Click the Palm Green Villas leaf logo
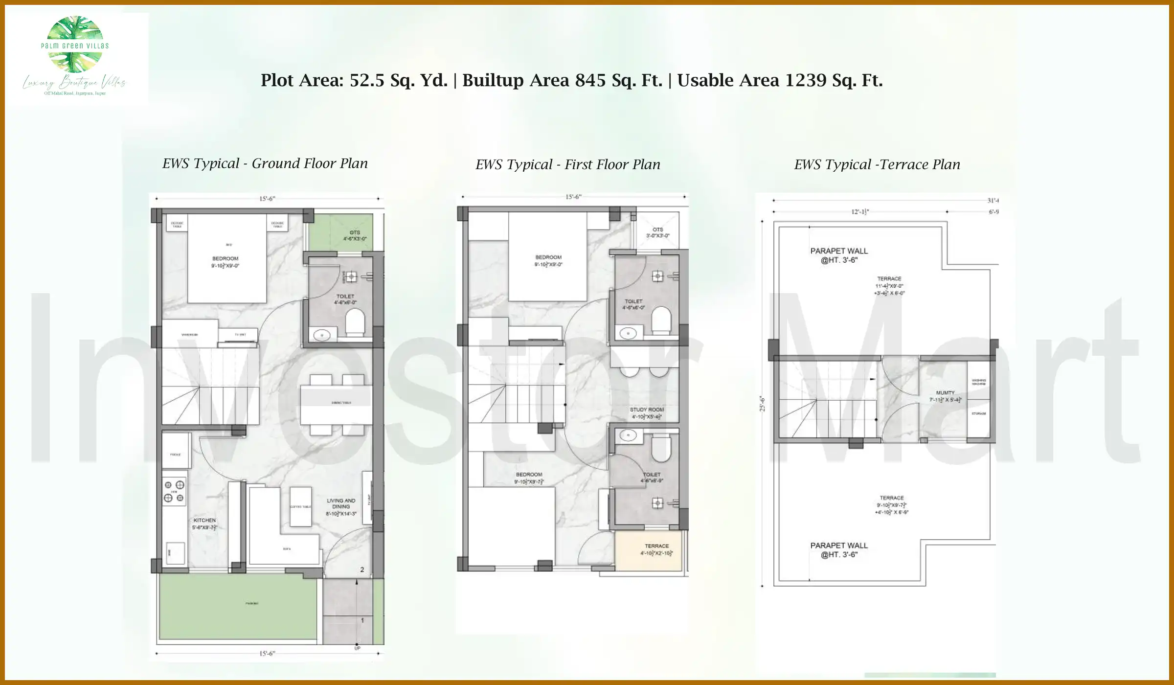pyautogui.click(x=75, y=44)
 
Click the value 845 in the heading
pyautogui.click(x=590, y=80)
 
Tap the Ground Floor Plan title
pyautogui.click(x=265, y=163)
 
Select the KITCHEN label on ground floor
pyautogui.click(x=204, y=520)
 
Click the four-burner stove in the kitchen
pyautogui.click(x=174, y=491)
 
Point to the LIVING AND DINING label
pyautogui.click(x=341, y=503)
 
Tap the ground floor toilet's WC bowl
pyautogui.click(x=355, y=323)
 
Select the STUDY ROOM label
pyautogui.click(x=647, y=410)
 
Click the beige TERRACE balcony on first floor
pyautogui.click(x=648, y=551)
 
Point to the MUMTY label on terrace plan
pyautogui.click(x=945, y=393)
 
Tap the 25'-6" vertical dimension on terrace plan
pyautogui.click(x=762, y=404)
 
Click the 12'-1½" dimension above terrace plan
pyautogui.click(x=860, y=212)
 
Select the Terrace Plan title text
pyautogui.click(x=877, y=164)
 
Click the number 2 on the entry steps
pyautogui.click(x=362, y=570)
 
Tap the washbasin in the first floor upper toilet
pyautogui.click(x=628, y=334)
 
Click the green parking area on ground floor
pyautogui.click(x=238, y=607)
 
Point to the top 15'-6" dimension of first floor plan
pyautogui.click(x=573, y=197)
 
